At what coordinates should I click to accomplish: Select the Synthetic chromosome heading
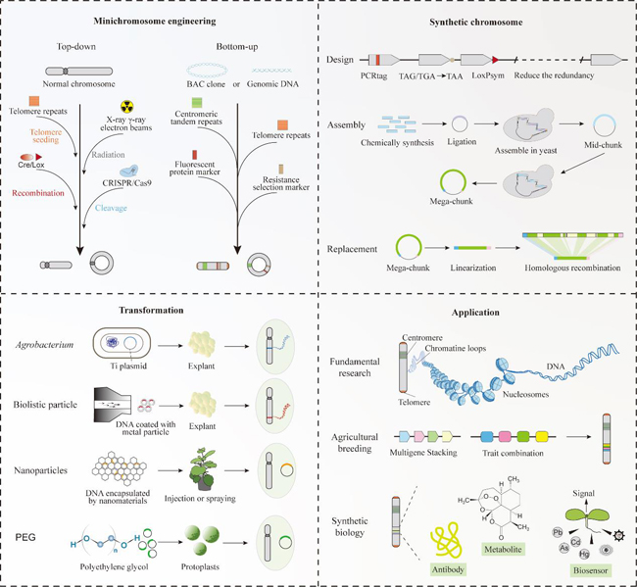(477, 21)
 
